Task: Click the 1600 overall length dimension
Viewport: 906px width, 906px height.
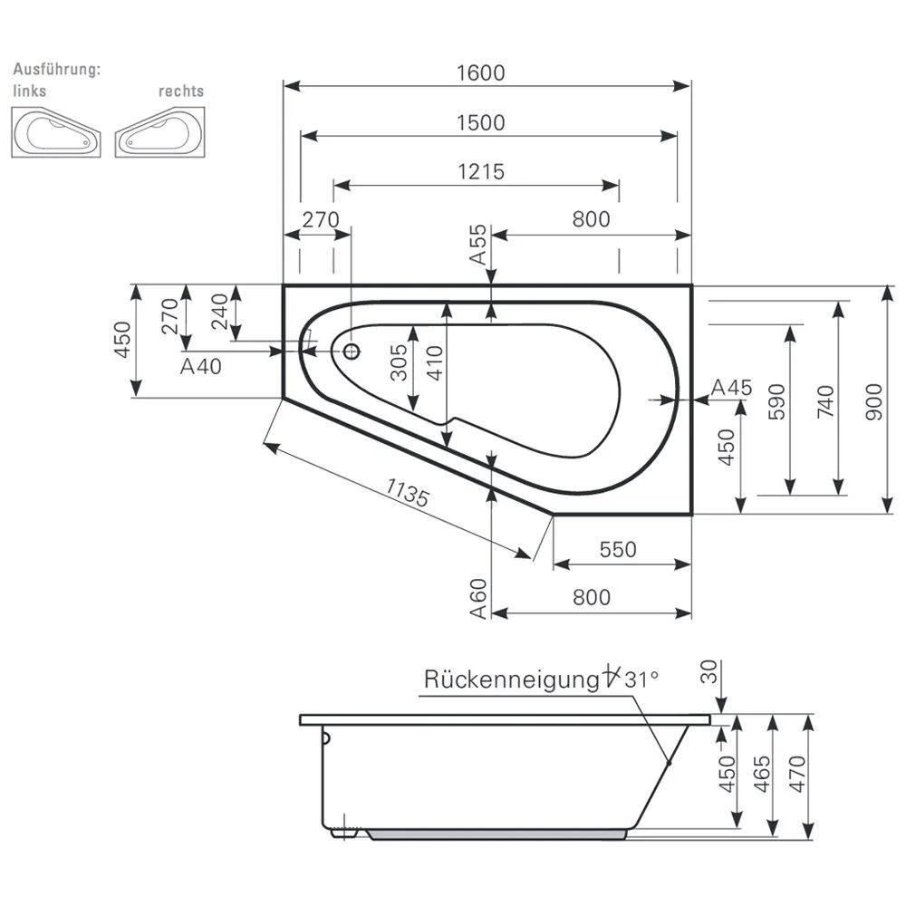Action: [x=480, y=73]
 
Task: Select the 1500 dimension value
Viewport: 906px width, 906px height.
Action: [x=480, y=122]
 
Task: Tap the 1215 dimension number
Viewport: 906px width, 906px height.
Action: [x=480, y=171]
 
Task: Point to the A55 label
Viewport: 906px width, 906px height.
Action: [x=478, y=245]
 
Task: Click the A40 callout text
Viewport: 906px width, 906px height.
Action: [x=201, y=366]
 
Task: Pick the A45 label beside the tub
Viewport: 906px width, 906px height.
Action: [x=730, y=388]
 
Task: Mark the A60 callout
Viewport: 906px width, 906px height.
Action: [x=478, y=599]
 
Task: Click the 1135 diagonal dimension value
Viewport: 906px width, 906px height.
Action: [x=407, y=492]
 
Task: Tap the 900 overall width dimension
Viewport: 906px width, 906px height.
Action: [x=872, y=399]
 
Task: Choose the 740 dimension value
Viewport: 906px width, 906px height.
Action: [x=824, y=400]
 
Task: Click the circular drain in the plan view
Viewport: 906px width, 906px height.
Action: [x=351, y=350]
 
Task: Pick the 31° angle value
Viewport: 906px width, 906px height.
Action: [x=641, y=679]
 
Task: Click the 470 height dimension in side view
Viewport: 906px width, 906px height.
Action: [x=796, y=775]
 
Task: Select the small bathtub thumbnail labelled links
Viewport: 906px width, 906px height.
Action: [x=56, y=132]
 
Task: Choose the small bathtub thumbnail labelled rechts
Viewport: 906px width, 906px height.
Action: [x=159, y=132]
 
